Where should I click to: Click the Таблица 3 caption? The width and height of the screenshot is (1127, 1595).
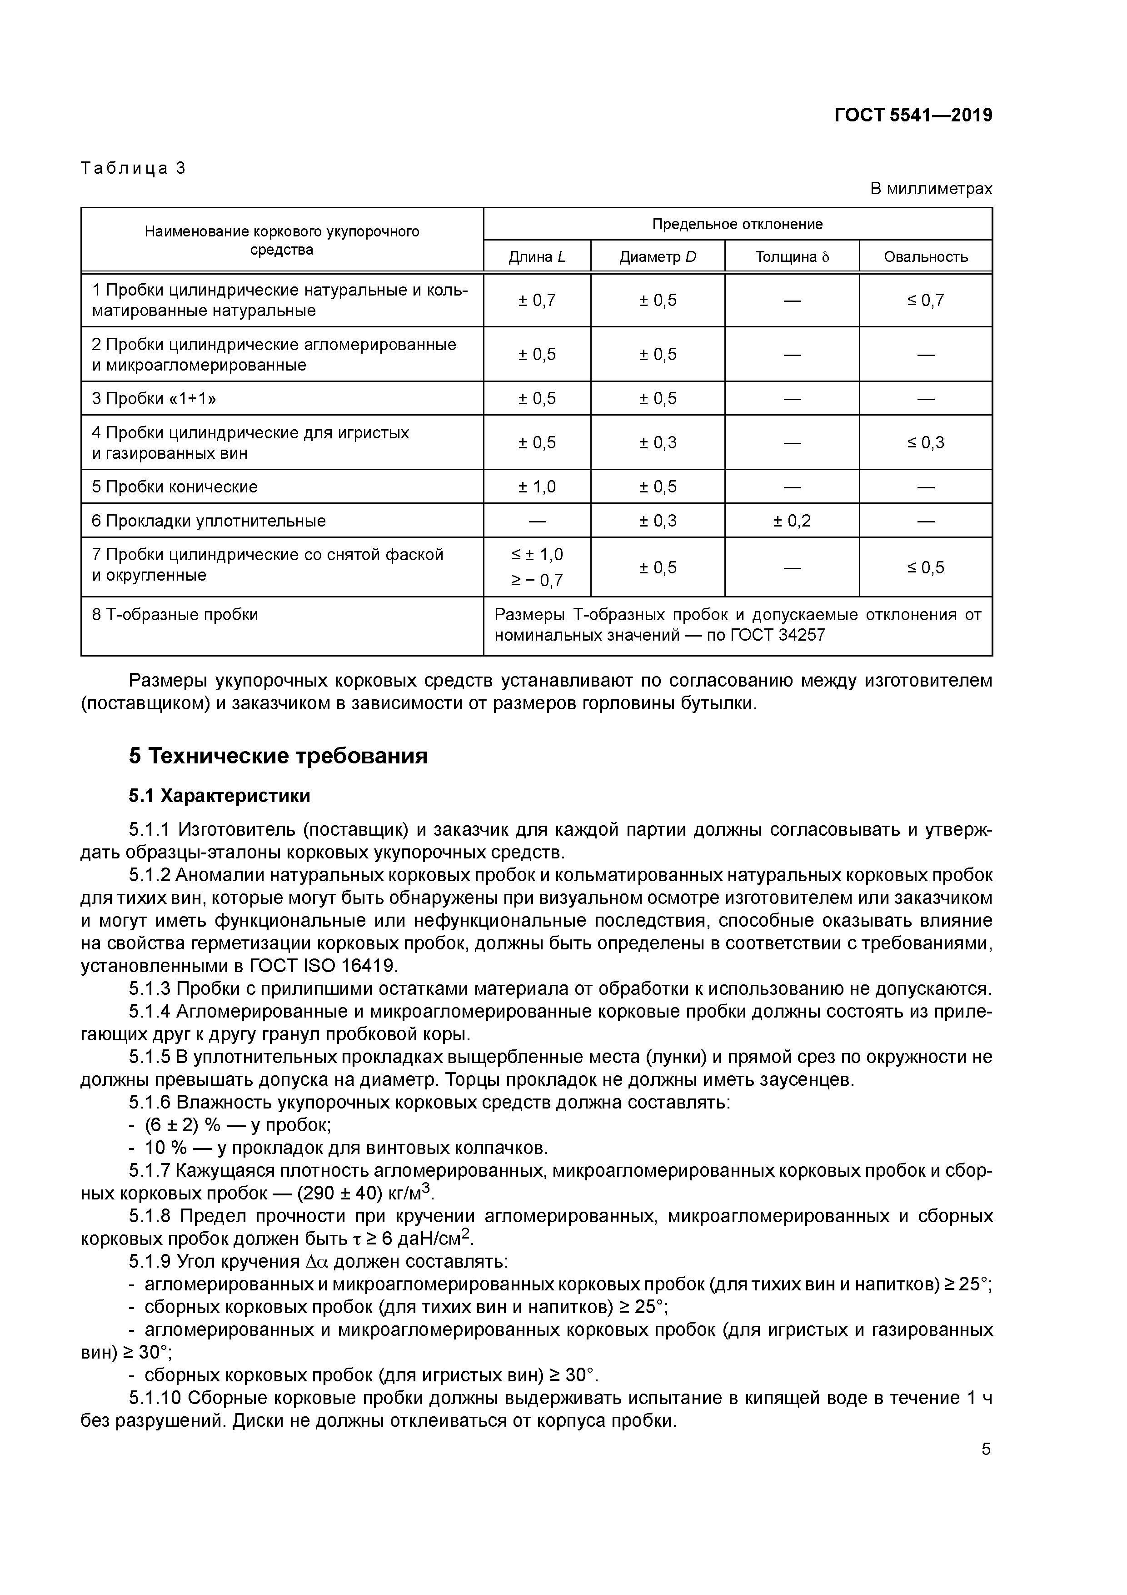(x=133, y=168)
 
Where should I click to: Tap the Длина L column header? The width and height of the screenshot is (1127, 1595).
(x=537, y=257)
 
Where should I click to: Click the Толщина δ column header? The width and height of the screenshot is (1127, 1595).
(x=792, y=257)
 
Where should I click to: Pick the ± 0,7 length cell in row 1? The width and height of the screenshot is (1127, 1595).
(x=537, y=300)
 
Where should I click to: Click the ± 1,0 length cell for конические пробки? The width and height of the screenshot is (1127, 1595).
(x=537, y=487)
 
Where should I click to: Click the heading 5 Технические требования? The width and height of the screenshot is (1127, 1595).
(x=278, y=756)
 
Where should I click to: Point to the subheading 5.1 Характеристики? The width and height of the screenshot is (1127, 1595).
(x=219, y=795)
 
